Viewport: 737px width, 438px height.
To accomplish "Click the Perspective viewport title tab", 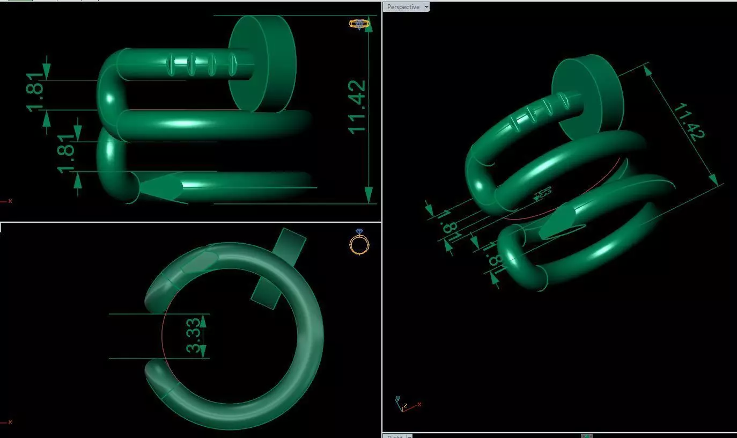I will [x=403, y=7].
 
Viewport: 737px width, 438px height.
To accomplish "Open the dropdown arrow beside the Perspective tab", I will [x=426, y=7].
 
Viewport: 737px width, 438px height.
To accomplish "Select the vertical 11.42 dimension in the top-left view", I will [x=357, y=107].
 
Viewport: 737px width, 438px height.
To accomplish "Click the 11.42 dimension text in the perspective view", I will [x=688, y=122].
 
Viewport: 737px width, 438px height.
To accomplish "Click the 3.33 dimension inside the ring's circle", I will [x=194, y=335].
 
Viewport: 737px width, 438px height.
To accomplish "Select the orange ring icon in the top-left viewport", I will [x=359, y=24].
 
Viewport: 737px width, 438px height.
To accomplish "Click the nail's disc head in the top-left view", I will [x=262, y=63].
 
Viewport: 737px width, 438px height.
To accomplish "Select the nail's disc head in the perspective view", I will [x=588, y=97].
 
